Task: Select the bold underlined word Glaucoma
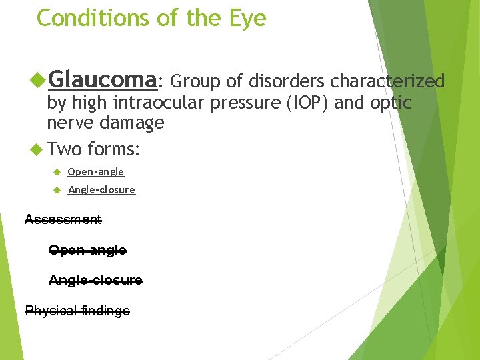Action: tap(102, 81)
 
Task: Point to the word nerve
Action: tap(70, 123)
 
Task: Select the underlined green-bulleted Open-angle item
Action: tap(95, 172)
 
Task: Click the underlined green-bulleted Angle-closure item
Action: tap(101, 191)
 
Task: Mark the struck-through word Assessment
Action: tap(63, 219)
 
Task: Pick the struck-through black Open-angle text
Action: tap(87, 251)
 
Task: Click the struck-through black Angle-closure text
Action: tap(95, 281)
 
